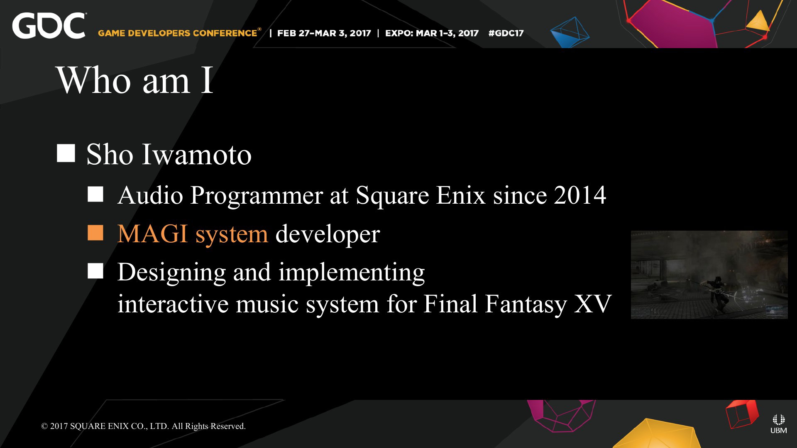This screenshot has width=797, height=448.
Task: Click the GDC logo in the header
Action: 49,26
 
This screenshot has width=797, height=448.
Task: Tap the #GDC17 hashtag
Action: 506,33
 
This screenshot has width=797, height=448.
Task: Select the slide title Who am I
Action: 135,80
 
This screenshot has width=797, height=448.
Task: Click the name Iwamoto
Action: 197,154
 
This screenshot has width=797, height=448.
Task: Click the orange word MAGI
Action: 152,234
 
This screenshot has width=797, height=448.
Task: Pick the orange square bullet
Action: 95,233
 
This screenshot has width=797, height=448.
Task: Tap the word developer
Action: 328,234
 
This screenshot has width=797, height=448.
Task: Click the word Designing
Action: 171,273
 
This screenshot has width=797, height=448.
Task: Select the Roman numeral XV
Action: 593,304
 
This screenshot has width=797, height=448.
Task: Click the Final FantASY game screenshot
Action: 709,275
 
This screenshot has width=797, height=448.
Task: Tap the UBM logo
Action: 778,424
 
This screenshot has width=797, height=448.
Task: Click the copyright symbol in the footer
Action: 44,426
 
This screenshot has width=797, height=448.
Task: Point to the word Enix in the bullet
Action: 461,195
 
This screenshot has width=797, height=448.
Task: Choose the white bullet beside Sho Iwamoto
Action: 66,153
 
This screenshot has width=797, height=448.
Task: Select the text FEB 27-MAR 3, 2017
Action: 324,33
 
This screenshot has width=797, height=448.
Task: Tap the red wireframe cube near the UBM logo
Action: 742,414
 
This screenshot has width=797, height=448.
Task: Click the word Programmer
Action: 257,195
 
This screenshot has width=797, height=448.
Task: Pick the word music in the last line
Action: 267,304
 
